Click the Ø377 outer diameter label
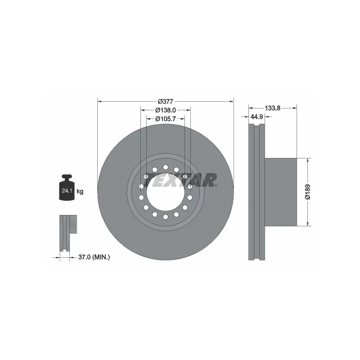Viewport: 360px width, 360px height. [x=166, y=102]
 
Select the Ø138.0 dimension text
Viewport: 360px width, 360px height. [x=165, y=111]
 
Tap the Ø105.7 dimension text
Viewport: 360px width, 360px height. [x=165, y=119]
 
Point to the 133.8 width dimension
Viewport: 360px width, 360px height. [x=273, y=108]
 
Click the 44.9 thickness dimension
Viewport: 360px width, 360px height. [x=256, y=117]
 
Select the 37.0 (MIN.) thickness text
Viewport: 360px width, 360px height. [x=94, y=257]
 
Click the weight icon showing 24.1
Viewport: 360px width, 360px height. [x=67, y=189]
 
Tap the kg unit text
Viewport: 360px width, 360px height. [x=80, y=192]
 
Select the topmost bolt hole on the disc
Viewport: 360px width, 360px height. [x=166, y=167]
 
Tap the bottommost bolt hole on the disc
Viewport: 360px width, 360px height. [x=166, y=217]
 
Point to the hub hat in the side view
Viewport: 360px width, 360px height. [x=281, y=191]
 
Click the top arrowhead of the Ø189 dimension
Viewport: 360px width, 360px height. [x=308, y=160]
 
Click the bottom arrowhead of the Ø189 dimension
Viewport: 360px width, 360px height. [x=308, y=224]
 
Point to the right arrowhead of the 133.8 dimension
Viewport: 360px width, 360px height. [x=295, y=108]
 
